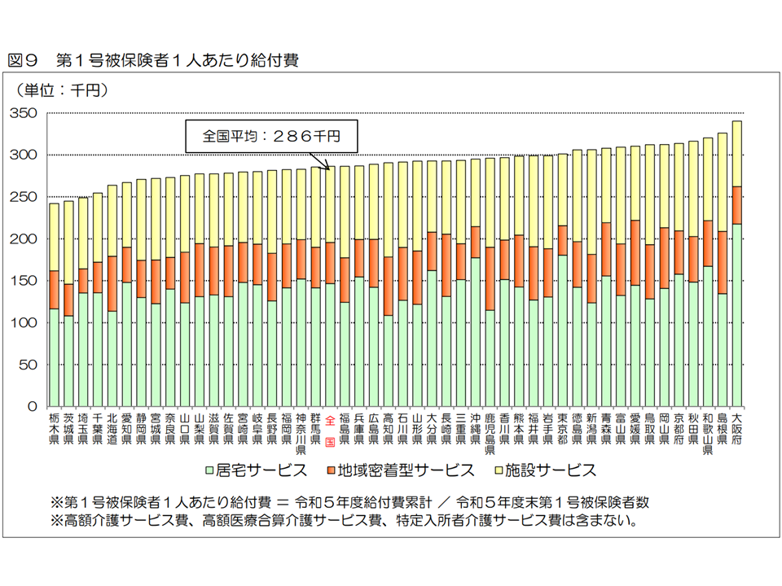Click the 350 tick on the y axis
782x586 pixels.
24,113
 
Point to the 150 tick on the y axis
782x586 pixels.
24,281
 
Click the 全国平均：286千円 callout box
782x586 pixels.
270,136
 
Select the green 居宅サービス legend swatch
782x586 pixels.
210,470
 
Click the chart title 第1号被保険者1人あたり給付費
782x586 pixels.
176,59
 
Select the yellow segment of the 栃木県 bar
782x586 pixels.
54,237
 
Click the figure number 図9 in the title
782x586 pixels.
24,59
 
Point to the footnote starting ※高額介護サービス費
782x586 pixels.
342,518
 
